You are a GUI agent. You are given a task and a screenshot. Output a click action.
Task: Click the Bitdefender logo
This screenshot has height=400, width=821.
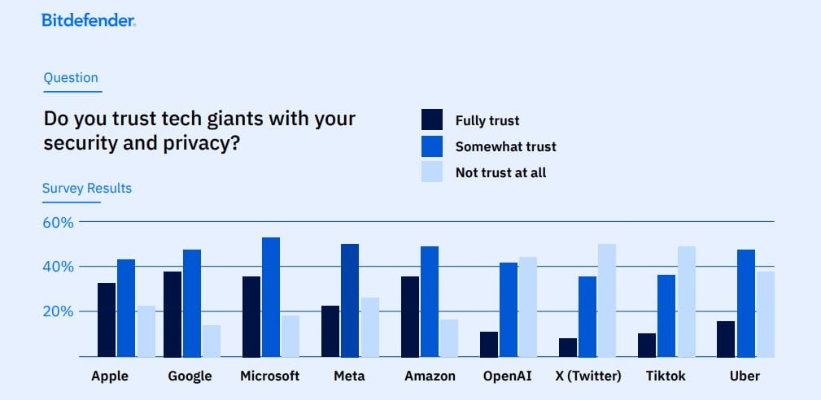(x=88, y=20)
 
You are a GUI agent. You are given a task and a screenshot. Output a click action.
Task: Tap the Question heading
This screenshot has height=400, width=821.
(x=71, y=78)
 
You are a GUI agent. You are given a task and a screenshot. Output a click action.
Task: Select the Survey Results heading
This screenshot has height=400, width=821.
(x=87, y=189)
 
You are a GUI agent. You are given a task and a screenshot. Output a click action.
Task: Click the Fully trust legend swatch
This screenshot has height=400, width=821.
(x=432, y=120)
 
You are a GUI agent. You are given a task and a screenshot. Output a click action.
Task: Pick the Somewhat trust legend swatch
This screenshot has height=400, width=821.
(x=432, y=146)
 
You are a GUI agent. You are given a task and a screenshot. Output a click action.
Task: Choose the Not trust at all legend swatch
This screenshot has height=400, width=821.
(x=432, y=172)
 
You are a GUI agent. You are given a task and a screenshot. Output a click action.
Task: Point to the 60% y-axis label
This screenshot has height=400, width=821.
(x=58, y=222)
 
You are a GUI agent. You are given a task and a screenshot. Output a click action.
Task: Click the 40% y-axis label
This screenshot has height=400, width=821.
(x=58, y=267)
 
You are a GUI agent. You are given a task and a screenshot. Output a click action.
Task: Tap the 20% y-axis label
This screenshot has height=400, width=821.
(x=58, y=311)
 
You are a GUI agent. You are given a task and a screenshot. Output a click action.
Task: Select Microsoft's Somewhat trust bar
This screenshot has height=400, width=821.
(x=271, y=297)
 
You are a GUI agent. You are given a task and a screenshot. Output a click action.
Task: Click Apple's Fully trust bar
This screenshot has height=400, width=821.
(x=107, y=320)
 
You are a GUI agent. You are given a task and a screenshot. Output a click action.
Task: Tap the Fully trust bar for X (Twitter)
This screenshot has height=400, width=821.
(x=568, y=347)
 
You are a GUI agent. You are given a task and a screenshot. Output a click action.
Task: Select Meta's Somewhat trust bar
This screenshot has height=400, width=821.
(x=350, y=300)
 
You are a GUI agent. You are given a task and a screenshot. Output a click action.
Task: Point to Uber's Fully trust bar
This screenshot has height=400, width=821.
(x=726, y=338)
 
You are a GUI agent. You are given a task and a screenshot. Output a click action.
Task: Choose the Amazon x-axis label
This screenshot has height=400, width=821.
(x=430, y=376)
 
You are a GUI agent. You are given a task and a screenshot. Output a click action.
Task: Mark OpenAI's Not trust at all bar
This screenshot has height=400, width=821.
(x=527, y=307)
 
